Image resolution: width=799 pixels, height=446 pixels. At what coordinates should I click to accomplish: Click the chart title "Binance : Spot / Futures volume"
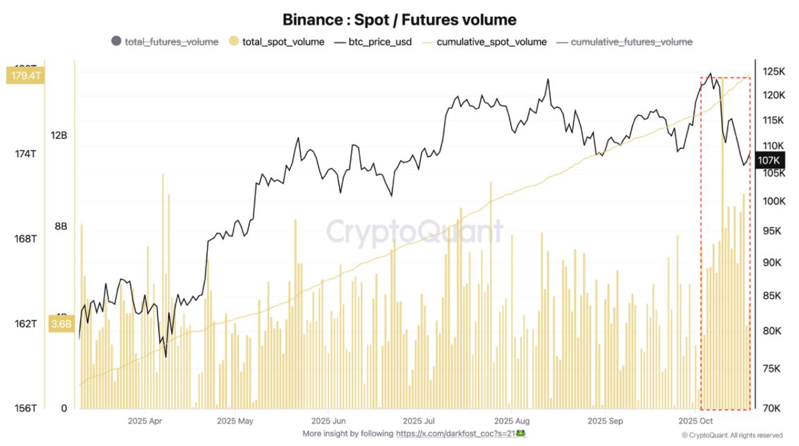click(399, 19)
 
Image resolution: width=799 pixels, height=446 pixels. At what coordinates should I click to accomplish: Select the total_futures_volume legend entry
click(165, 42)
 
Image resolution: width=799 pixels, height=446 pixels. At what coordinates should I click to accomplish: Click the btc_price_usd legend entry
click(373, 42)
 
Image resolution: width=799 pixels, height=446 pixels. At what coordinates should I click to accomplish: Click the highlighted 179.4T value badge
click(24, 76)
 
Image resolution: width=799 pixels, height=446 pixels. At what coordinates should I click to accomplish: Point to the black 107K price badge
click(768, 160)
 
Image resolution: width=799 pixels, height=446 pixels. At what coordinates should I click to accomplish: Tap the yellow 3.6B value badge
click(61, 324)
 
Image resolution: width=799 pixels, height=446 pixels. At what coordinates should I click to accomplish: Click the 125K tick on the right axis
click(773, 72)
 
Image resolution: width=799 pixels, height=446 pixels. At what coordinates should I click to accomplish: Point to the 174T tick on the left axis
click(24, 153)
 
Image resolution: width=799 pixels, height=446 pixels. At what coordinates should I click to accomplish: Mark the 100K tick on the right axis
click(773, 201)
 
